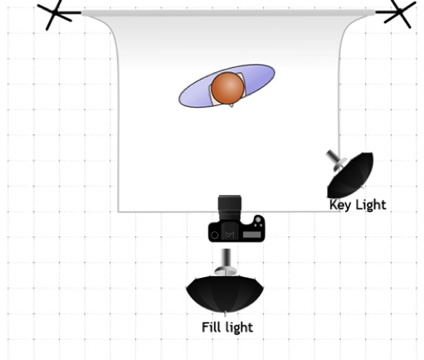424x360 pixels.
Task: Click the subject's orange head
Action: point(227,88)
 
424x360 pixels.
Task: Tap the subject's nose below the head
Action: point(231,105)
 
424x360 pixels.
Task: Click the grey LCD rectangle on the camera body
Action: point(251,235)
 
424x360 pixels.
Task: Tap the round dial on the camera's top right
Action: point(258,220)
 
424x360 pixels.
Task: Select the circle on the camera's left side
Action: point(214,236)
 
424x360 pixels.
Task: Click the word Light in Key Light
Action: point(370,205)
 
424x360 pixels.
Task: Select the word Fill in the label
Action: point(212,327)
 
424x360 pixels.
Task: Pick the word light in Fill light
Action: point(239,328)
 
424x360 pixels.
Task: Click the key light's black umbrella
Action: point(351,175)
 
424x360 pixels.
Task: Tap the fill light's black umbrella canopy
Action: point(225,294)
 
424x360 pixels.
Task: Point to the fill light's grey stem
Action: point(227,258)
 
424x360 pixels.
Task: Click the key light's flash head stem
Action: point(334,157)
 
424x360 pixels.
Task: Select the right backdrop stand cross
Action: point(400,12)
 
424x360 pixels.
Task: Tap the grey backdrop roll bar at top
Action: point(228,13)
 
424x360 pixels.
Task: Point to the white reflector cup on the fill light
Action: point(227,271)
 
